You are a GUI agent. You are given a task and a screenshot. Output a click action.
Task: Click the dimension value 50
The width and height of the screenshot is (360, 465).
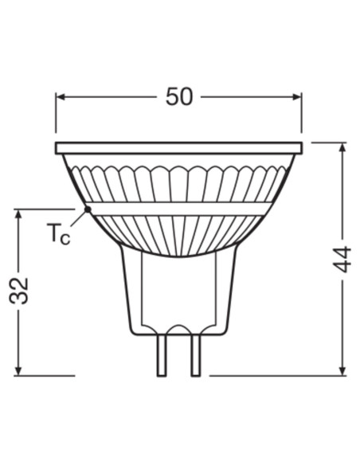179,96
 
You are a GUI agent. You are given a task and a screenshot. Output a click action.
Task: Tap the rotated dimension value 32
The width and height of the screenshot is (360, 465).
19,291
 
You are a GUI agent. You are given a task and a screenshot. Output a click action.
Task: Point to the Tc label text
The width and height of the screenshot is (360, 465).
57,234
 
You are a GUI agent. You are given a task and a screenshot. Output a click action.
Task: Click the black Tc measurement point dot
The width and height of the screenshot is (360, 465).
87,209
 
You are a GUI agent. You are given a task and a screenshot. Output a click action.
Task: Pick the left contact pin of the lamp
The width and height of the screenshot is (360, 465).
162,354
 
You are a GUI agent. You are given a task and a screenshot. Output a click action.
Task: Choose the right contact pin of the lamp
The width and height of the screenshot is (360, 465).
195,354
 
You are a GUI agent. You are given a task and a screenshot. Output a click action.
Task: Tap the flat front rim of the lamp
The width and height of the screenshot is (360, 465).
179,149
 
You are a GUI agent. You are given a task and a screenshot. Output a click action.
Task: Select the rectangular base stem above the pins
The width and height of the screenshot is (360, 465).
179,295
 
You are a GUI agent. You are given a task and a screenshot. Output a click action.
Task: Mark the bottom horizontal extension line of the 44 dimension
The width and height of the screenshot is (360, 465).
279,374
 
